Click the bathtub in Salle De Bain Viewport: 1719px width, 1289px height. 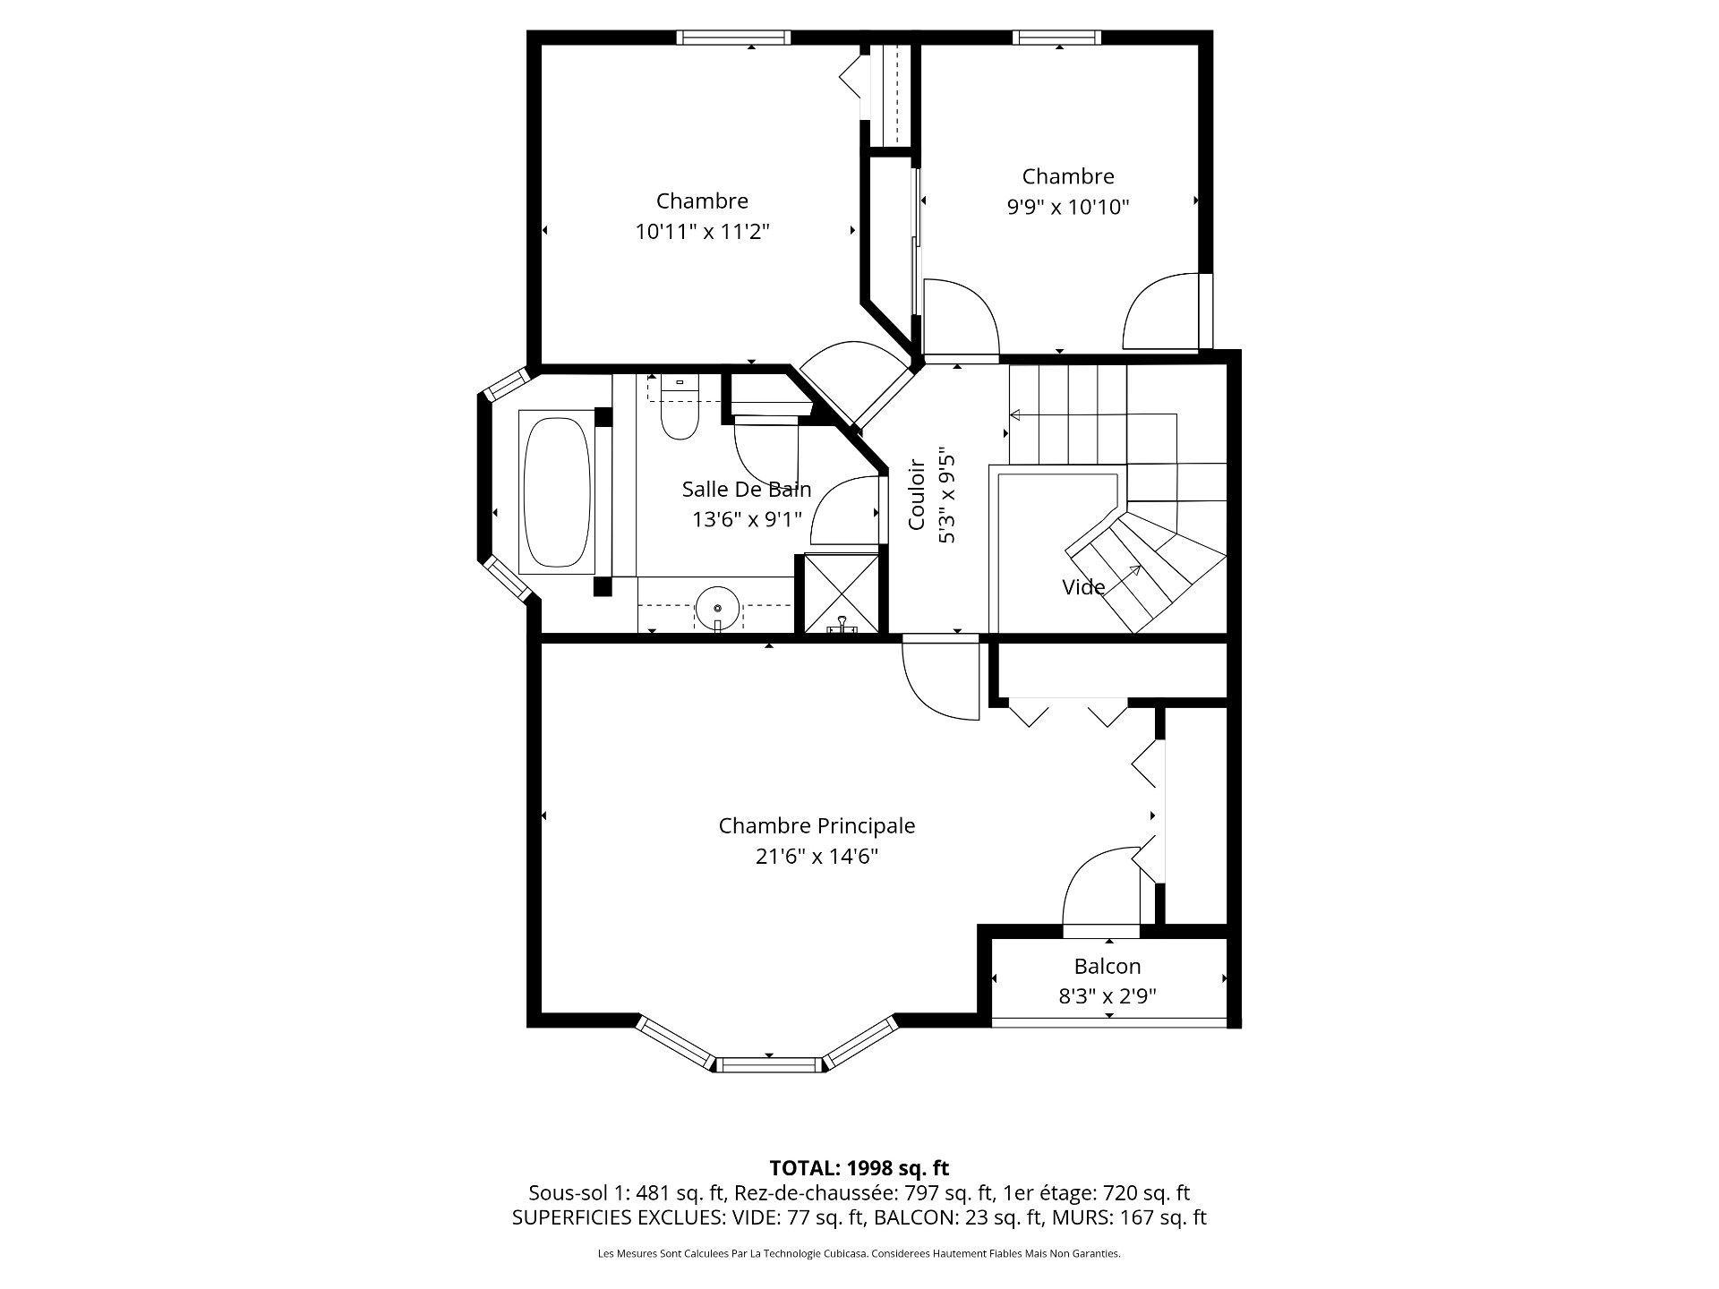pyautogui.click(x=556, y=491)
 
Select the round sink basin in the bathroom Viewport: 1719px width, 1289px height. pyautogui.click(x=717, y=609)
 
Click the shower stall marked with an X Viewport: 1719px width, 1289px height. pyautogui.click(x=841, y=593)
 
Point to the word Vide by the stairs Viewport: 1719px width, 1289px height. pyautogui.click(x=1083, y=587)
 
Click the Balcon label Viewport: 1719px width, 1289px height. pyautogui.click(x=1108, y=967)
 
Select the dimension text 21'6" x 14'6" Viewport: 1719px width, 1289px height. pyautogui.click(x=817, y=857)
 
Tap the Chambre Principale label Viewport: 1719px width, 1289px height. pyautogui.click(x=817, y=825)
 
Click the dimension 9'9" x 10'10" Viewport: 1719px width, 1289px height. pyautogui.click(x=1068, y=208)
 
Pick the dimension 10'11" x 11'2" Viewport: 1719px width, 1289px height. pyautogui.click(x=703, y=232)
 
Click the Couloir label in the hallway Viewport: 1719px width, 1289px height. pyautogui.click(x=917, y=495)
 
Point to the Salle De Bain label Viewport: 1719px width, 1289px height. pyautogui.click(x=747, y=490)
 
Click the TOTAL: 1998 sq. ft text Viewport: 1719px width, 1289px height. pyautogui.click(x=859, y=1167)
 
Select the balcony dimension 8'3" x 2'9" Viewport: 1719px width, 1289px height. pyautogui.click(x=1108, y=997)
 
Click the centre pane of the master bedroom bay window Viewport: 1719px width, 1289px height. pyautogui.click(x=770, y=1064)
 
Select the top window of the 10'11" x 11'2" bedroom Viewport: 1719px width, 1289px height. pyautogui.click(x=733, y=38)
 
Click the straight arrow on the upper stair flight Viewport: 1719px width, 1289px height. pyautogui.click(x=1093, y=414)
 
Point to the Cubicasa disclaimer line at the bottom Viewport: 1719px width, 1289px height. pyautogui.click(x=859, y=1254)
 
